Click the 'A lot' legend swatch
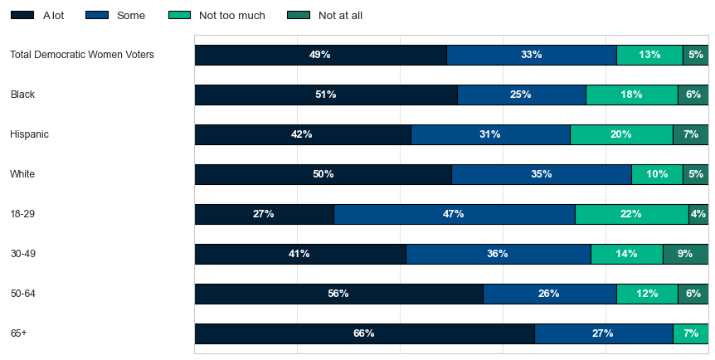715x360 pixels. pos(22,15)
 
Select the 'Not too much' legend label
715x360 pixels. pos(231,16)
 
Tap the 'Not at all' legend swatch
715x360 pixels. pos(299,15)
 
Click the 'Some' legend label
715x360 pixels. pos(131,16)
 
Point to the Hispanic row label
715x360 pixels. pos(29,134)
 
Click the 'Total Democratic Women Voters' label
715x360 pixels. pos(82,55)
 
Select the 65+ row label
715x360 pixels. pos(19,333)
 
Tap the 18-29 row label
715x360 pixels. pos(22,213)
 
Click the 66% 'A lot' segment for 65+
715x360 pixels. pos(365,333)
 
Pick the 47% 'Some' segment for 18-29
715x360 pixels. pos(455,214)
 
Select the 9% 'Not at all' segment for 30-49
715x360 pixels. pos(685,254)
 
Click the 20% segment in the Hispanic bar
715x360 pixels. pos(621,134)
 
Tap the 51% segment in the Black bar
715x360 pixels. pos(326,95)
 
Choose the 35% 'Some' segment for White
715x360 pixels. pos(542,174)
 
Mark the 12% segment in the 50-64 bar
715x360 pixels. pos(647,294)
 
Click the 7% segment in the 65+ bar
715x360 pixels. pos(690,333)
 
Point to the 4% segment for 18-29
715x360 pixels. pos(698,214)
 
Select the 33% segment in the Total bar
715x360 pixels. pos(532,55)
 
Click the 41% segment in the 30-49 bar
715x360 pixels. pos(300,254)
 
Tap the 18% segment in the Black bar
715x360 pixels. pos(632,95)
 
